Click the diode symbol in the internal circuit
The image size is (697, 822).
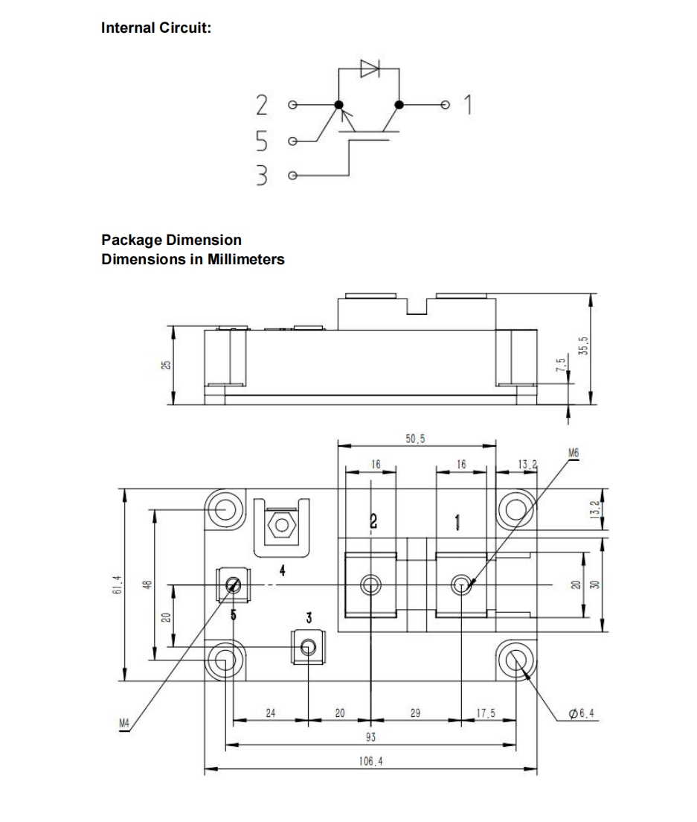point(370,68)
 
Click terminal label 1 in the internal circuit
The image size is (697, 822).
point(468,105)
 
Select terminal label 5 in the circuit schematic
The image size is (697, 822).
point(260,140)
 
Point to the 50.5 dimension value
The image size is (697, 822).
point(415,439)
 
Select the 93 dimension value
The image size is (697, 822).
point(371,736)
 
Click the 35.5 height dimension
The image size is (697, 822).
point(582,346)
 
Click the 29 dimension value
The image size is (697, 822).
point(416,713)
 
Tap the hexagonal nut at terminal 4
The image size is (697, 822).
point(282,523)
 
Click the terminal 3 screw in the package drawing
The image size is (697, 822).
point(308,646)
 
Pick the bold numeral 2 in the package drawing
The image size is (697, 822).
point(373,520)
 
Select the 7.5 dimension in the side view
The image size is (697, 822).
point(562,366)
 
